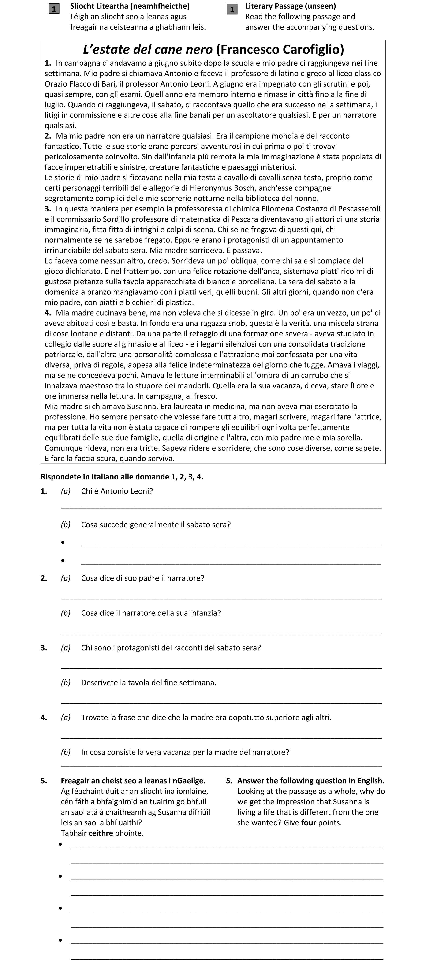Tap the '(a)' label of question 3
point(66,648)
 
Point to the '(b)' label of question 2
point(66,613)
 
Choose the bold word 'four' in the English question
point(309,823)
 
